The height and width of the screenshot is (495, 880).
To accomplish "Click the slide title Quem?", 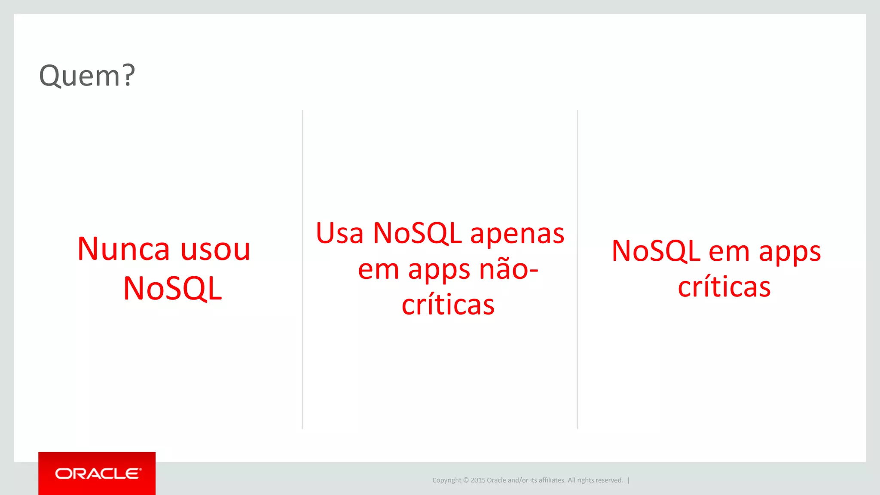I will (x=87, y=76).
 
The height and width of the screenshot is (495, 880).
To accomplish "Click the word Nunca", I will (x=123, y=249).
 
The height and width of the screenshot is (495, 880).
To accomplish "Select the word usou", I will (x=215, y=249).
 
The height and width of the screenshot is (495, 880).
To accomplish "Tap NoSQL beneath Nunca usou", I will (x=172, y=288).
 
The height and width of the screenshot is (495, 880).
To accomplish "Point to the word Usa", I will (x=339, y=234).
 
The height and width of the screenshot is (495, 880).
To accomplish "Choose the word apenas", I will (x=517, y=234).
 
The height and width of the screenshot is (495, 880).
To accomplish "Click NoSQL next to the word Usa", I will (x=417, y=234).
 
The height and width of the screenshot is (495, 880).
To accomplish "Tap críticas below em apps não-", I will (x=448, y=305).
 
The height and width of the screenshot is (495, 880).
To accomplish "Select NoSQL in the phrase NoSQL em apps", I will (x=656, y=251).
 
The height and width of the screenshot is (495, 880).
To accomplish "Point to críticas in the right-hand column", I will (x=724, y=287).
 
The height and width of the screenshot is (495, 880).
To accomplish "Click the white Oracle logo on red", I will (x=98, y=474).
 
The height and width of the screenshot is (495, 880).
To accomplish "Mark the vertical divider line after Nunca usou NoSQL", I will (x=302, y=269).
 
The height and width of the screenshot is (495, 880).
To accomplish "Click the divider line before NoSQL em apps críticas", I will (x=577, y=269).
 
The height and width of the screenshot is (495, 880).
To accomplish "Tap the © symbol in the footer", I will (x=466, y=480).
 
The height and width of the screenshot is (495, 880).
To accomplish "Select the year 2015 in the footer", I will (x=478, y=480).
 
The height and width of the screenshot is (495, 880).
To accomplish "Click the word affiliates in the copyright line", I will (x=552, y=480).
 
